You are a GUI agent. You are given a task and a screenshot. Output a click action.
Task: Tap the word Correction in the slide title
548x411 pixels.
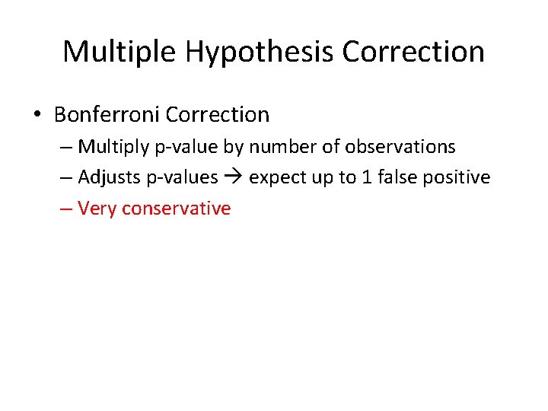(x=413, y=52)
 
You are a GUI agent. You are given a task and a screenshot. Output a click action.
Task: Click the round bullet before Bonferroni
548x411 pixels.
(x=37, y=115)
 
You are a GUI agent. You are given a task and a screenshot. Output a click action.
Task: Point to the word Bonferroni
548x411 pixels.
(x=107, y=115)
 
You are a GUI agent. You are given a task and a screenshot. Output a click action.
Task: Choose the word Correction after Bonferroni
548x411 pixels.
(x=217, y=115)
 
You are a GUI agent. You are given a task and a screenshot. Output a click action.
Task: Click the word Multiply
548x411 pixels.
(x=110, y=146)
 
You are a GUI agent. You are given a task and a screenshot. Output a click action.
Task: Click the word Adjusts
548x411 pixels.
(x=107, y=177)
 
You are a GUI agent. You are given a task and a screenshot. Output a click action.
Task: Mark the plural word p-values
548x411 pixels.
(x=180, y=177)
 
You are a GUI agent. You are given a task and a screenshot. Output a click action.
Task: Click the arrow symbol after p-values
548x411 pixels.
(x=233, y=177)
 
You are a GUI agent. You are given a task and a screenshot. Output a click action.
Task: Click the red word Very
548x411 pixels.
(x=97, y=208)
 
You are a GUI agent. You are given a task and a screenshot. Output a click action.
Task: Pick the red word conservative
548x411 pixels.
(x=176, y=208)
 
